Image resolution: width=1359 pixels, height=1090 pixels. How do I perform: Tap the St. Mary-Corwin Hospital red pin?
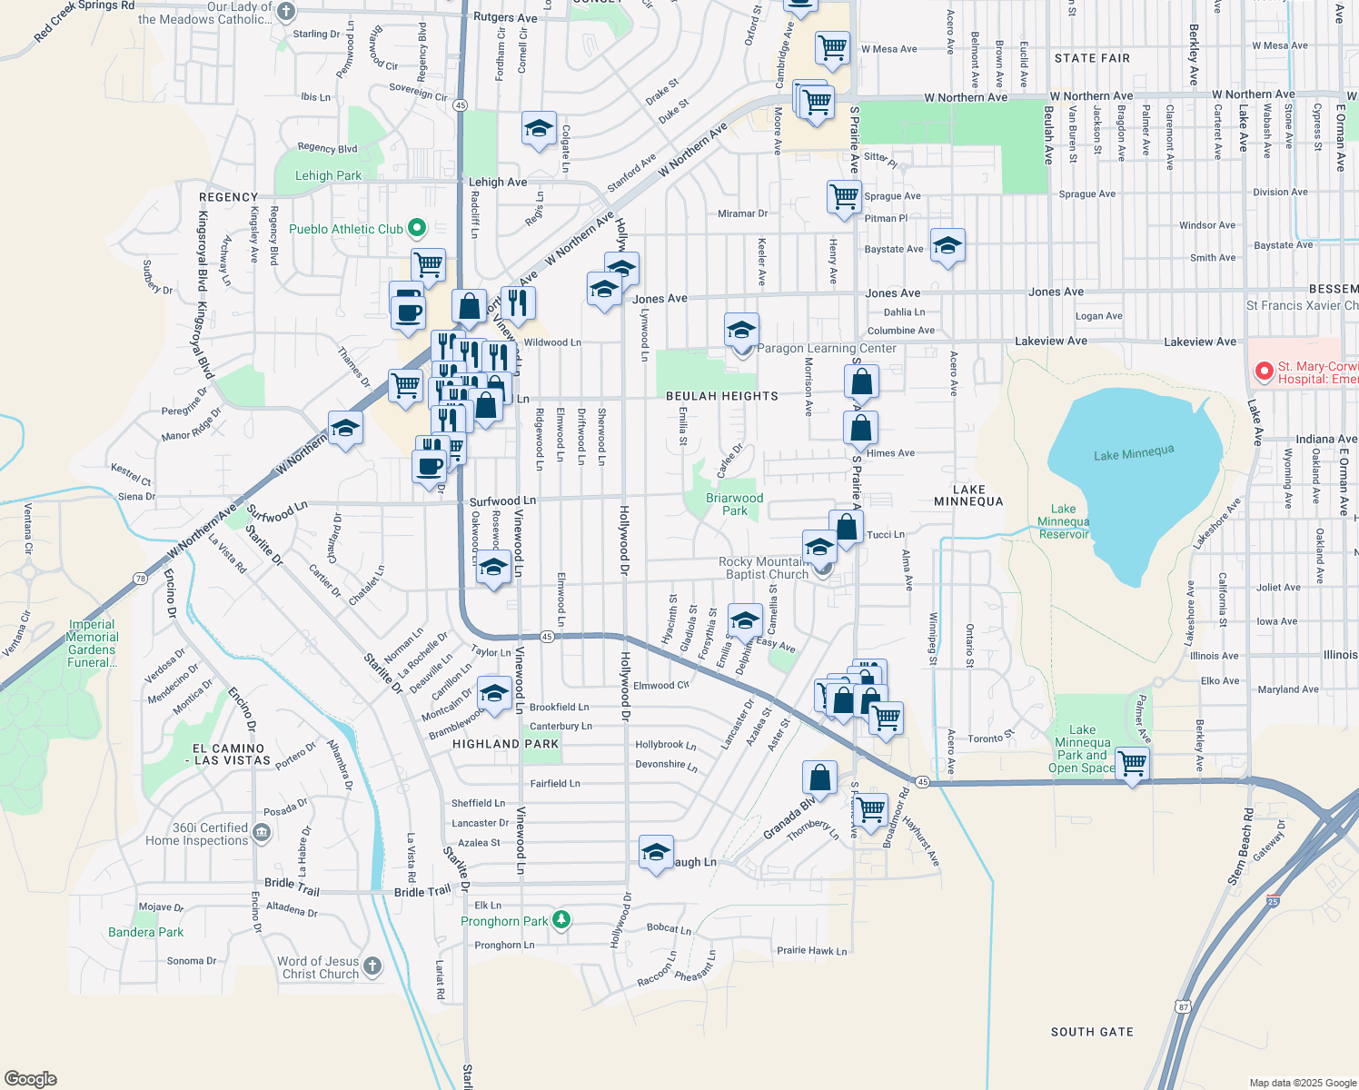point(1263,371)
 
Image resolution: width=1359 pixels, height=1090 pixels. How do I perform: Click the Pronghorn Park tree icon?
point(561,921)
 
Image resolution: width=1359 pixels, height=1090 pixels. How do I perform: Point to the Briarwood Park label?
point(735,504)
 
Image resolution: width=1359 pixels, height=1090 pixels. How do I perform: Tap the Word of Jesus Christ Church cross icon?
point(372,966)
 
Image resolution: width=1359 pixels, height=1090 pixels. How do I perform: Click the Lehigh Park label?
point(328,175)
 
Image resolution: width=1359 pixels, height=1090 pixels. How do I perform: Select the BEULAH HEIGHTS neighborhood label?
point(721,396)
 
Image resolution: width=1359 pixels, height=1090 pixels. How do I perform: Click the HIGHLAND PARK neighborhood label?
point(506,744)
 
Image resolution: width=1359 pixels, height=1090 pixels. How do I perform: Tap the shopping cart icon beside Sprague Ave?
point(844,195)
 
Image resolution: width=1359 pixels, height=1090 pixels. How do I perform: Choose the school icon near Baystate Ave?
point(947,245)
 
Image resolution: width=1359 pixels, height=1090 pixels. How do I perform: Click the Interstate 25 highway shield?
point(1274,900)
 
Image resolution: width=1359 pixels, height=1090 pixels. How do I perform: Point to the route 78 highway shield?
point(140,579)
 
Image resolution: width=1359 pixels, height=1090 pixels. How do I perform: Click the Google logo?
point(31,1078)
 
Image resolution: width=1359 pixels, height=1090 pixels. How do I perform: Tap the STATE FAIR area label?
point(1092,58)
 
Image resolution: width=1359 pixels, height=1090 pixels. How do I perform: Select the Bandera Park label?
point(145,932)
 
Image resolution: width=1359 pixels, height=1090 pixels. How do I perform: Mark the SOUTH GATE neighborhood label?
point(1092,1032)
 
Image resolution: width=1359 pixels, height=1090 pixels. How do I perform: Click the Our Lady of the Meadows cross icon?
point(286,12)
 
